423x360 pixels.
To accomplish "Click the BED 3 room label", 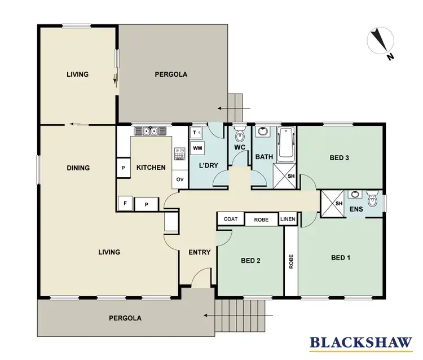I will (340, 158).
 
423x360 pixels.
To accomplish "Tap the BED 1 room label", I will (341, 258).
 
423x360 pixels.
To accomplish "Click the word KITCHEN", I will (151, 168).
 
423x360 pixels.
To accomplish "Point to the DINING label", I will (78, 168).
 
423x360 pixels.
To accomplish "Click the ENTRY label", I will (200, 252).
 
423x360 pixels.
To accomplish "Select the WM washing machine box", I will (197, 148).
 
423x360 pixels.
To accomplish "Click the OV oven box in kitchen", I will (180, 179).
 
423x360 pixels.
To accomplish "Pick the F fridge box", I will (124, 203).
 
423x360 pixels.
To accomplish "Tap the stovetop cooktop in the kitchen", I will (180, 153).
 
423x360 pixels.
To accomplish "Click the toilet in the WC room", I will (239, 135).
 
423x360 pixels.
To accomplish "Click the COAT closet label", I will (230, 219).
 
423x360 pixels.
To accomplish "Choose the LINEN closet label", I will (287, 219).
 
